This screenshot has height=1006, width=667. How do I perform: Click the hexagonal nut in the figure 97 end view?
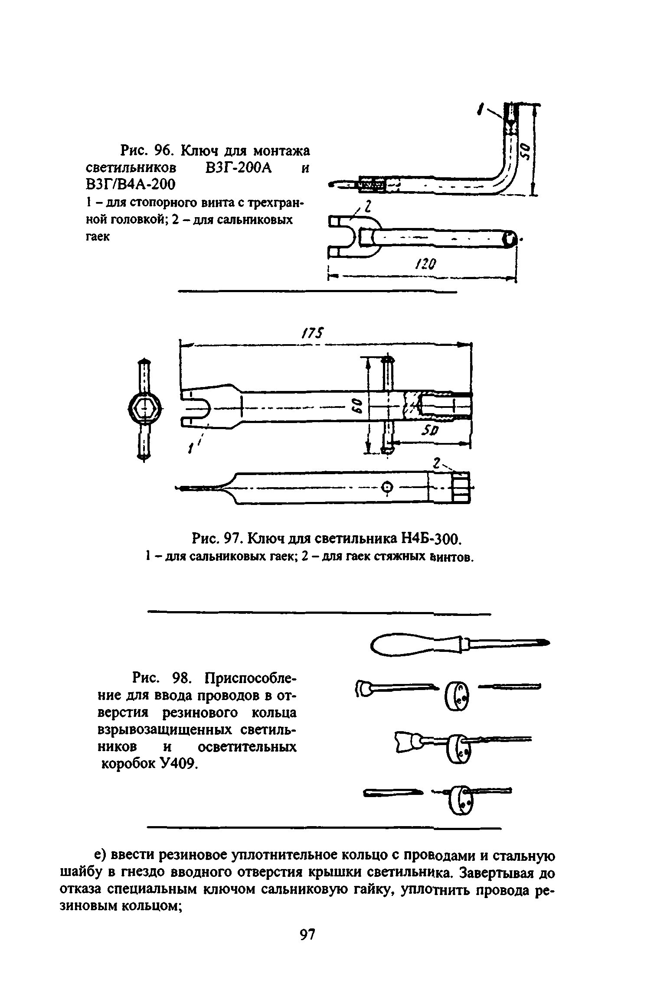pos(144,408)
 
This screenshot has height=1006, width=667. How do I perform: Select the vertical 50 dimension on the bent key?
pos(526,151)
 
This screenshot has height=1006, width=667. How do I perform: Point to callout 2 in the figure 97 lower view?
pos(437,464)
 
